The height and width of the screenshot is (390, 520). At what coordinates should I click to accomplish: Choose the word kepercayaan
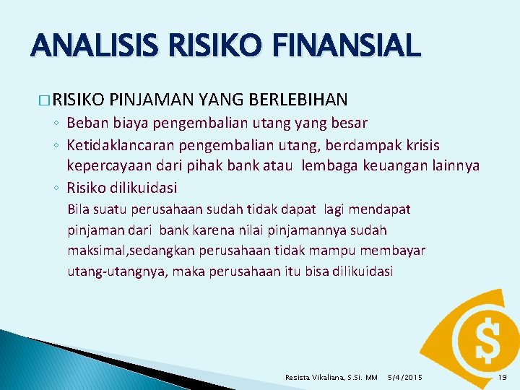(x=108, y=166)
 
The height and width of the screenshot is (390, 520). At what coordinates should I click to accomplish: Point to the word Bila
(x=77, y=209)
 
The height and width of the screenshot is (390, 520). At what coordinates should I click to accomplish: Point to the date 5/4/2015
(x=406, y=377)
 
